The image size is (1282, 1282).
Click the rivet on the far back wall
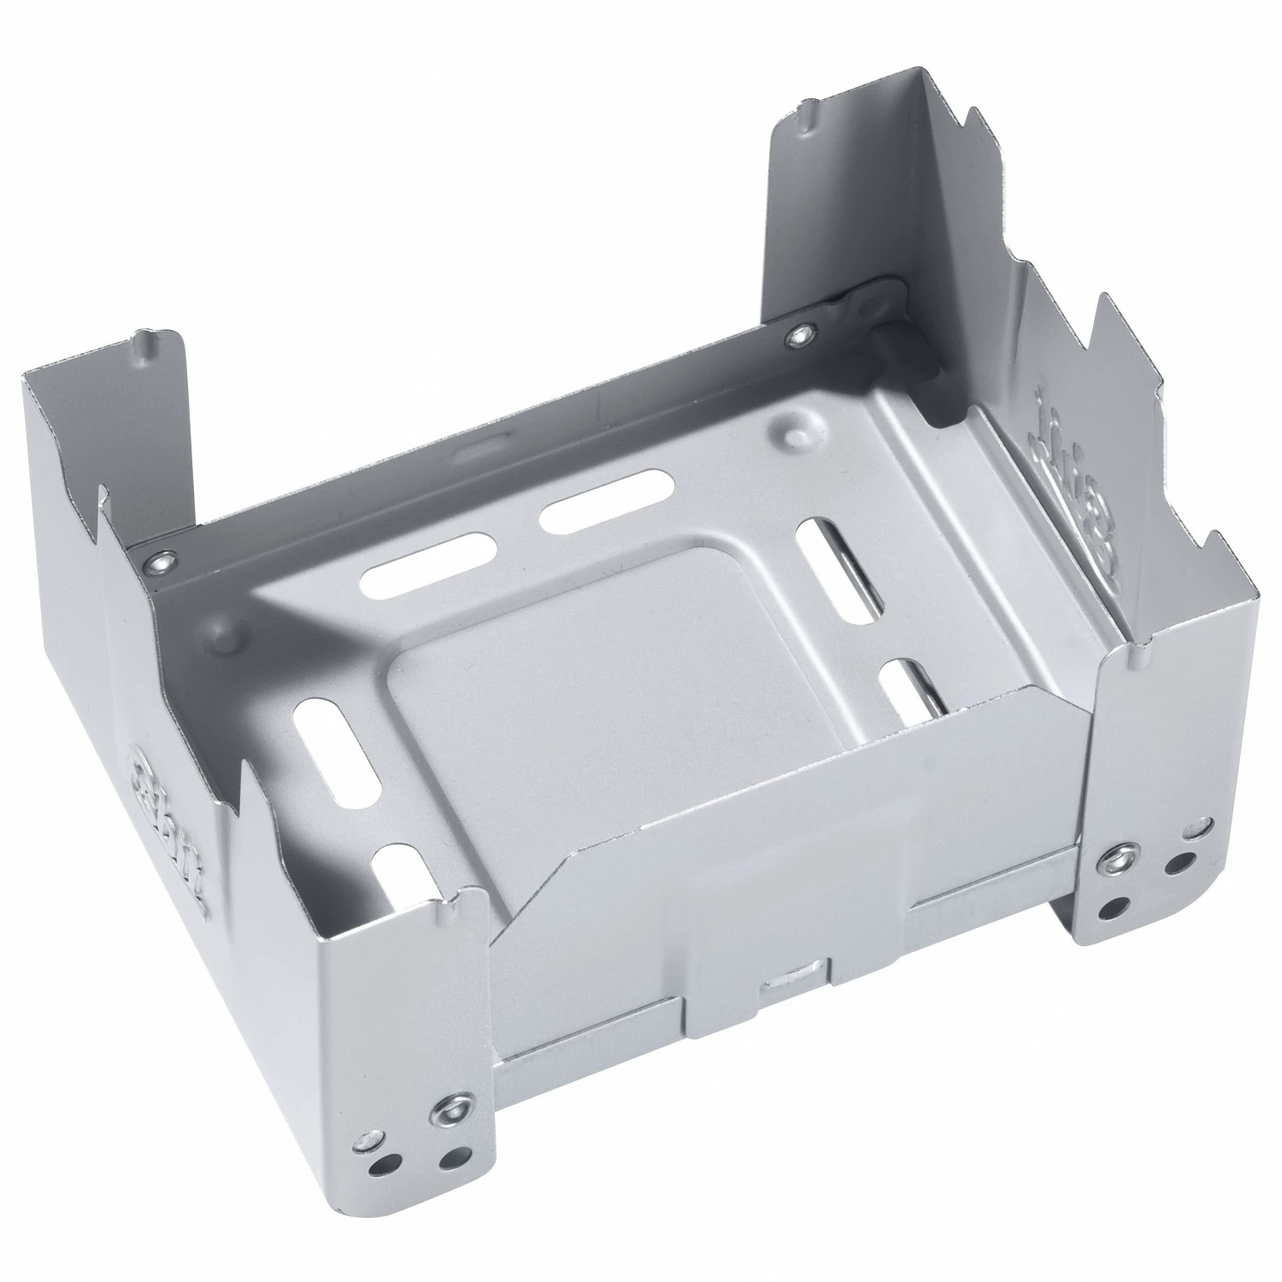pos(801,335)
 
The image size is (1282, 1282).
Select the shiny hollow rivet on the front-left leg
pos(448,1110)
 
